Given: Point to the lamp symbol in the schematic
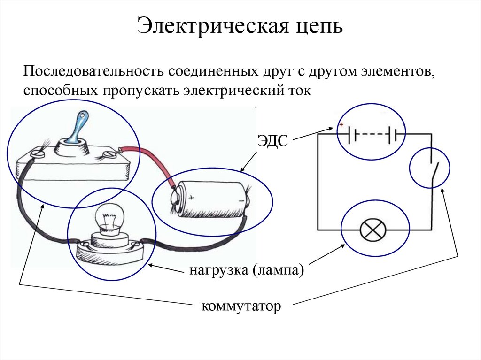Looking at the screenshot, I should tap(373, 230).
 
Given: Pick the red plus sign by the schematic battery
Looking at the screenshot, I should tap(341, 125).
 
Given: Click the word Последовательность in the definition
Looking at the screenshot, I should tap(93, 73).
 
